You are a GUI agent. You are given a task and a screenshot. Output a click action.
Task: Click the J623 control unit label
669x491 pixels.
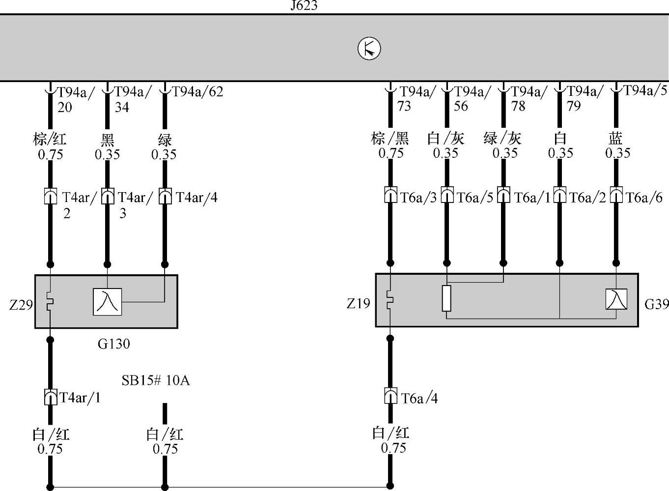[x=304, y=6]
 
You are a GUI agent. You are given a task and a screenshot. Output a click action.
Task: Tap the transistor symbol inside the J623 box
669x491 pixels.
[x=369, y=49]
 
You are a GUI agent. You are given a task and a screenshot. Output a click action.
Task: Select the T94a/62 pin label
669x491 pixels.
[x=197, y=91]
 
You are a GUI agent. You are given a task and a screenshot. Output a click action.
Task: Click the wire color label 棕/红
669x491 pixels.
[x=50, y=139]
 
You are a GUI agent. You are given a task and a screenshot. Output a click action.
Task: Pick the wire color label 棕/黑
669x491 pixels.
[x=390, y=138]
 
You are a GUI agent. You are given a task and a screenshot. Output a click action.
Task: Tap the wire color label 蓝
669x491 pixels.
[x=616, y=138]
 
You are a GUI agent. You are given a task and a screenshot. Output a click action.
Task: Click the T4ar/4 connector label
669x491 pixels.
[x=196, y=197]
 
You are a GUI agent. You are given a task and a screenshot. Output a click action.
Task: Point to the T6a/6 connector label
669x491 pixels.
[x=644, y=198]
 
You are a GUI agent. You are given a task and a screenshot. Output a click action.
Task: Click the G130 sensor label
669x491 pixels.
[x=114, y=343]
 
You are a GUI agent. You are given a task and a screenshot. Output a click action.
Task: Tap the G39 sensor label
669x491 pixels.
[x=656, y=304]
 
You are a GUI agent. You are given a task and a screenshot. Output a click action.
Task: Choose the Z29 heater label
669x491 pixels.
[x=21, y=305]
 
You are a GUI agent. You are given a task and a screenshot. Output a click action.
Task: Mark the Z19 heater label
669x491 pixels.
[x=358, y=303]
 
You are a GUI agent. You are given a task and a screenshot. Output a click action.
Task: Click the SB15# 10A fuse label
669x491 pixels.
[x=155, y=380]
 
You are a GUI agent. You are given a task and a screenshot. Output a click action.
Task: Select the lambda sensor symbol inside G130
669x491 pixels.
[x=107, y=301]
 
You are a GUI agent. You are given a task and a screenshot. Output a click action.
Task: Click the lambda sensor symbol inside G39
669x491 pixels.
[x=616, y=299]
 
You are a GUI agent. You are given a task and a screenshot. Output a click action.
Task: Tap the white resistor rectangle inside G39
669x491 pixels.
[x=446, y=298]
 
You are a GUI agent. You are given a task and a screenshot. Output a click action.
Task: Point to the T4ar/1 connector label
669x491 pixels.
[x=80, y=397]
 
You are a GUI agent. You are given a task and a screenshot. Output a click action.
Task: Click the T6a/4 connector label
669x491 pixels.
[x=419, y=398]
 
